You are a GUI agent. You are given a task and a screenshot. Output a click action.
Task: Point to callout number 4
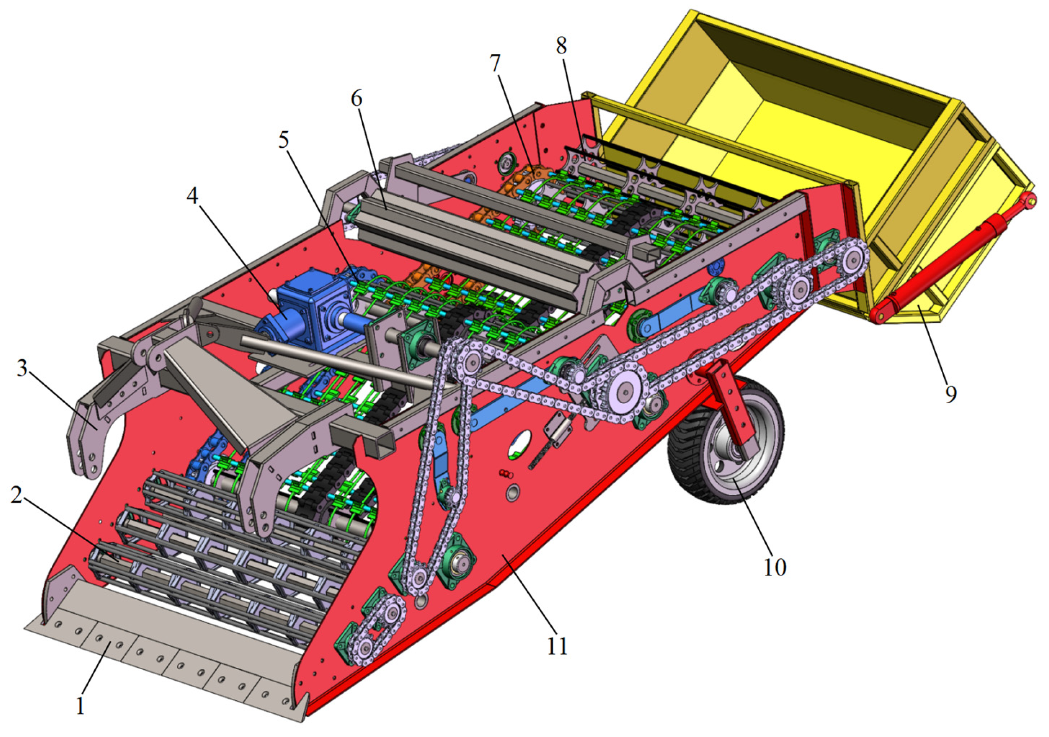(192, 196)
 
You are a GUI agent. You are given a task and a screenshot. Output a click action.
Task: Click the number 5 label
(284, 140)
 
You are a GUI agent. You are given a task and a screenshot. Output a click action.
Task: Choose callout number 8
(561, 45)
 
